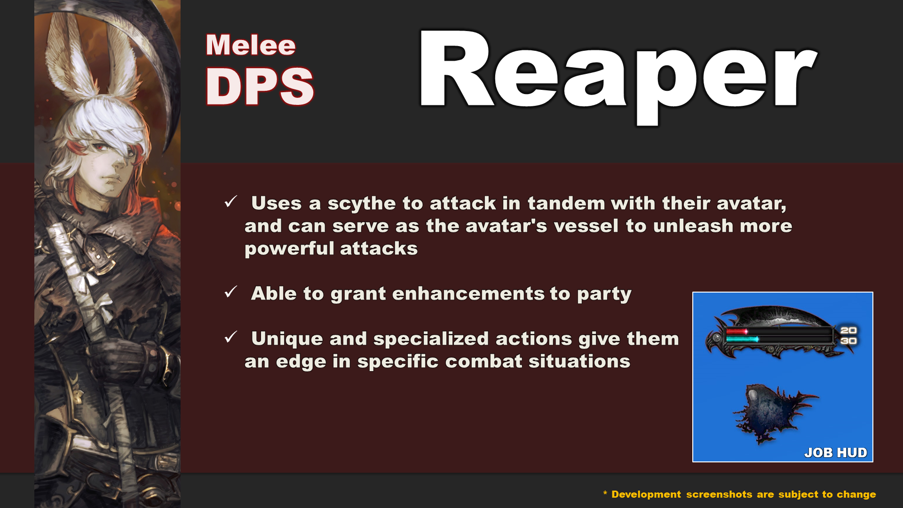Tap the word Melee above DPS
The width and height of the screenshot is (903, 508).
tap(251, 45)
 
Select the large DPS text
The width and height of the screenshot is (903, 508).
tap(260, 86)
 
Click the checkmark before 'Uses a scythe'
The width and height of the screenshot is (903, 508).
tap(230, 202)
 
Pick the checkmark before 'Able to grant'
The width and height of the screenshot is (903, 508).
tap(230, 292)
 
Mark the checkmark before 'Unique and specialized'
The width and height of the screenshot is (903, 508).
tap(230, 337)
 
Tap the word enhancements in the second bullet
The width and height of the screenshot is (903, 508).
tap(468, 294)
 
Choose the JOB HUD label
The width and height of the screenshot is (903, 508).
tap(835, 452)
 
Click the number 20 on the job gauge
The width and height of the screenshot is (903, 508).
tap(848, 330)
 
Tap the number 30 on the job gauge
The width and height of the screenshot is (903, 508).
tap(848, 341)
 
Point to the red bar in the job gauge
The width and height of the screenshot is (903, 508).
tap(737, 332)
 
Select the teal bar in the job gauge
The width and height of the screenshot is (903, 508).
tap(742, 339)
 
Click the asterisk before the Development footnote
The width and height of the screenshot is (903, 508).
tap(605, 493)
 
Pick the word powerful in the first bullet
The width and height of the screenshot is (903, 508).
tap(289, 249)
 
